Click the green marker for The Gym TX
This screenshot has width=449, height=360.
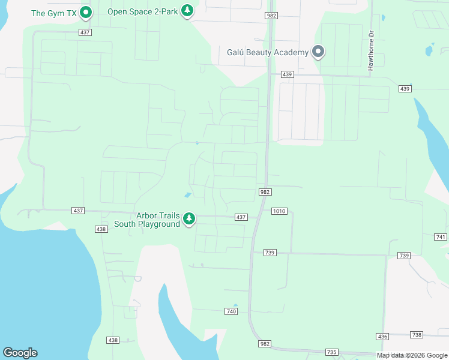pos(86,11)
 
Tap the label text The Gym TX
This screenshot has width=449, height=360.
pos(55,13)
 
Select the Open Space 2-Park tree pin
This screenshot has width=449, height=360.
pos(188,10)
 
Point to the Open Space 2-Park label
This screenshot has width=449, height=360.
pos(143,11)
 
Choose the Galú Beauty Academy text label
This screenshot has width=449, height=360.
pos(268,52)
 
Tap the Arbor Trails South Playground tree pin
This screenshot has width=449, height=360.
pos(190,218)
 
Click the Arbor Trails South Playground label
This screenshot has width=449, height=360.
pos(158,220)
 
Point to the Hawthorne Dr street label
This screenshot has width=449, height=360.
pos(371,52)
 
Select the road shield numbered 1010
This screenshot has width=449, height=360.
pos(279,211)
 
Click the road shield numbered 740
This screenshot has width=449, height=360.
pos(232,311)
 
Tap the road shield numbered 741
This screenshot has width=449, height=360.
pos(441,238)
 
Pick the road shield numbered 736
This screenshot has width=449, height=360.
pos(382,337)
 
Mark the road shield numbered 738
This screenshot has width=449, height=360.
pos(417,334)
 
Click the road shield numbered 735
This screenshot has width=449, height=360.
pos(331,352)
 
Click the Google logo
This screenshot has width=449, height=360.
pos(20,353)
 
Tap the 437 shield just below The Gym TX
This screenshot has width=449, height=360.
pos(85,32)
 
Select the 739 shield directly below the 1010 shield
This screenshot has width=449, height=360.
pos(270,253)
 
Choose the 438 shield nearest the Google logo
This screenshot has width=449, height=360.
pos(113,340)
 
